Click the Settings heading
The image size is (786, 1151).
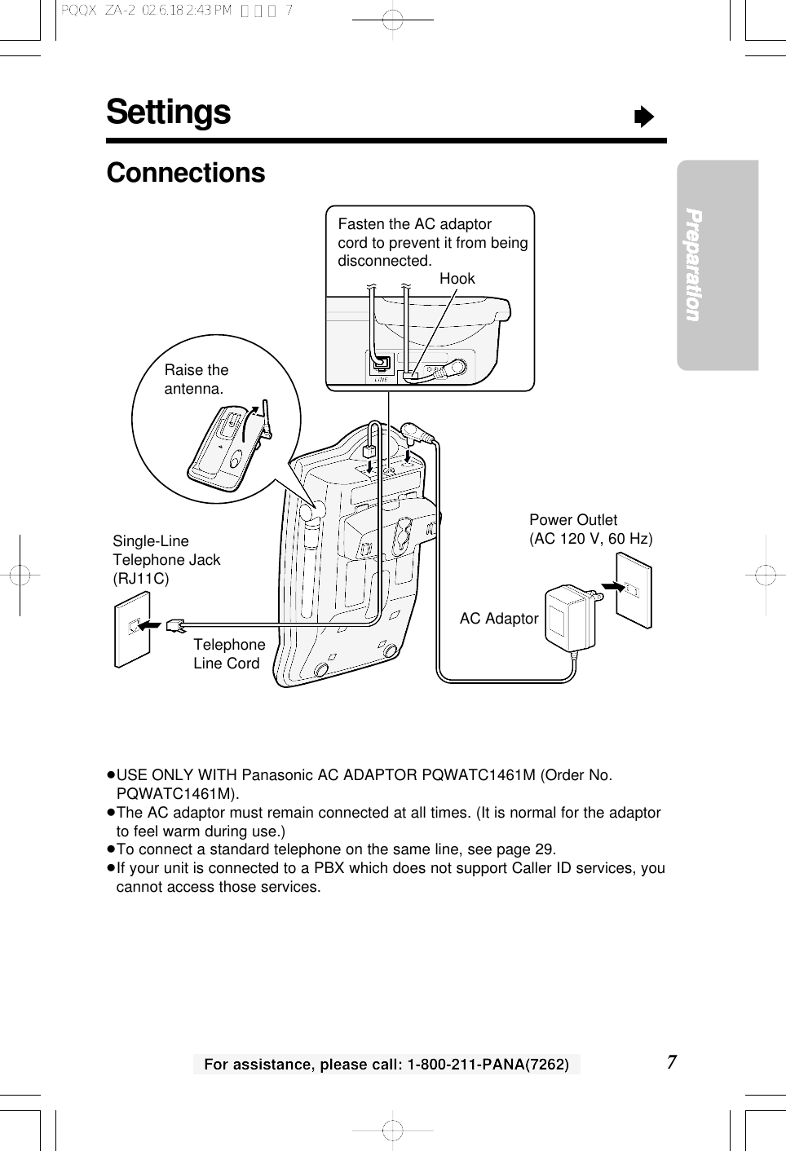pyautogui.click(x=169, y=112)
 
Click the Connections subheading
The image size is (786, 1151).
pyautogui.click(x=186, y=173)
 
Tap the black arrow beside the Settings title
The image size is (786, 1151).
pyautogui.click(x=644, y=117)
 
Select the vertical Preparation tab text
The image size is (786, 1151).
pyautogui.click(x=694, y=265)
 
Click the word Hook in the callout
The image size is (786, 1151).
pyautogui.click(x=457, y=279)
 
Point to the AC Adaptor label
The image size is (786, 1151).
pyautogui.click(x=498, y=619)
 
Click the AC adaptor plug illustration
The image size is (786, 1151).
pyautogui.click(x=571, y=617)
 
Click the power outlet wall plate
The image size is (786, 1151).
pyautogui.click(x=634, y=589)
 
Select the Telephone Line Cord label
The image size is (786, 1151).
pyautogui.click(x=229, y=654)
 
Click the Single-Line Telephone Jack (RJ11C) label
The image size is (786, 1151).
pyautogui.click(x=166, y=560)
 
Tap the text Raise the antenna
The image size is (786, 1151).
pyautogui.click(x=196, y=379)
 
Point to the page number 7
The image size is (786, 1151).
pyautogui.click(x=671, y=1061)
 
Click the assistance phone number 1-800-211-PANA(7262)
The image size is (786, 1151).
pyautogui.click(x=488, y=1064)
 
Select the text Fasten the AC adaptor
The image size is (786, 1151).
pyautogui.click(x=414, y=224)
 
